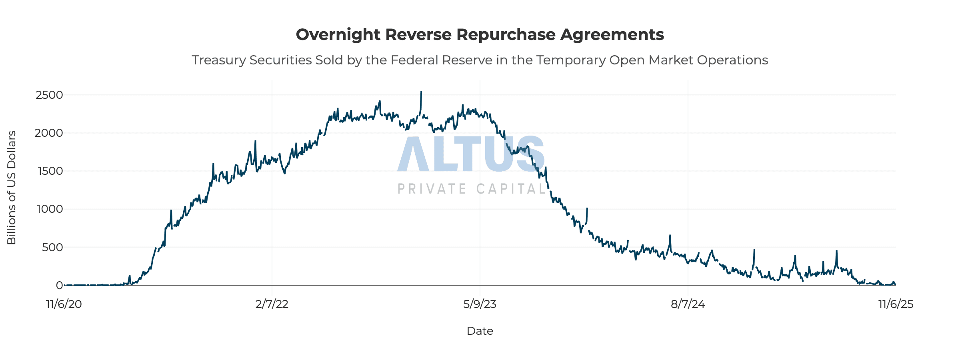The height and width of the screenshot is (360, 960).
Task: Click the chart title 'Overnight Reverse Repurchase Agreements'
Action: coord(480,35)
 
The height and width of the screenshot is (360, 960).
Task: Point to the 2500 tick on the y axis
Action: coord(49,95)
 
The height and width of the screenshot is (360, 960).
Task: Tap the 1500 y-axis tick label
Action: coord(50,171)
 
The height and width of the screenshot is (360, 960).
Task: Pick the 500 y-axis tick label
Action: coord(52,247)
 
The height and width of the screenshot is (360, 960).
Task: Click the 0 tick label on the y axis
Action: coord(59,285)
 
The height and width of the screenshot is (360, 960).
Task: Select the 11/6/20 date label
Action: coord(64,304)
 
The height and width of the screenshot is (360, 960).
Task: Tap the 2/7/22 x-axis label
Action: coord(272,304)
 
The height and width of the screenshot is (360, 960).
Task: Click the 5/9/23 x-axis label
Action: coord(480,304)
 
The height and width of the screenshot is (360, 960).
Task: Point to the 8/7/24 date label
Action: coord(688,304)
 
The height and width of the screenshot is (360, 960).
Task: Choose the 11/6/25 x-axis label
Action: coord(896,304)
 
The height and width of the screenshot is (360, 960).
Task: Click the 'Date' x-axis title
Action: coord(480,331)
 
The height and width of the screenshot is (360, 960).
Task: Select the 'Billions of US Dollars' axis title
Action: coord(12,187)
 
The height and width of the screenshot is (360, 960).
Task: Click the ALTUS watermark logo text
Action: coord(471,154)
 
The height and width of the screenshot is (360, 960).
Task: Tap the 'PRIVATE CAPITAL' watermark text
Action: coord(471,189)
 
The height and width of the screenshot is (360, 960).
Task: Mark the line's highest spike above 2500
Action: coord(421,92)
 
